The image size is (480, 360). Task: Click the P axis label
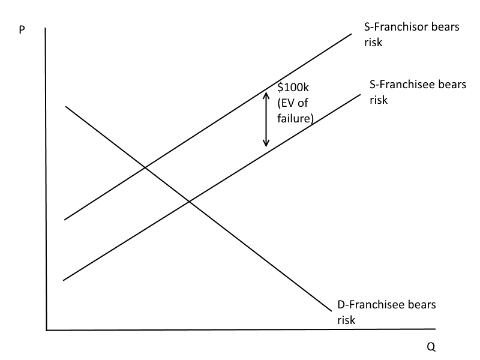pos(22,29)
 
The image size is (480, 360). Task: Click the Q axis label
pos(431,347)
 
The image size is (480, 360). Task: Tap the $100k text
pos(292,88)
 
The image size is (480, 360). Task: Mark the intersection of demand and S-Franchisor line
pos(145,167)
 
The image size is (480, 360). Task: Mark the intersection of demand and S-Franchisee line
pos(189,201)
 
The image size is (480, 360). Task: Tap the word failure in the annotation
pos(295,118)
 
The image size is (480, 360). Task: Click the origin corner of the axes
pos(46,329)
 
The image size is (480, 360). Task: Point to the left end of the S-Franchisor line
pos(64,220)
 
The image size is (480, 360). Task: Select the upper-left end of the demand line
pos(65,106)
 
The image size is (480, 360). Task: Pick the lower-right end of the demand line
pos(331,310)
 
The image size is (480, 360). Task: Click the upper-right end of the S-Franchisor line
pos(351,34)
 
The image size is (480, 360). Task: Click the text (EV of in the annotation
pos(292,103)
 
